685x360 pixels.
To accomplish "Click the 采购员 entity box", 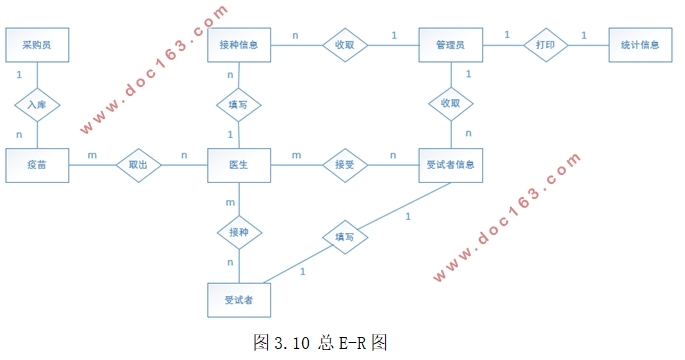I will (37, 45).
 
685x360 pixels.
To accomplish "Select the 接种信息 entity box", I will (239, 45).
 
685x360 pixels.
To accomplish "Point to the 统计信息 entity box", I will (640, 45).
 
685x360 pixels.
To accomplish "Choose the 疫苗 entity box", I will (37, 165).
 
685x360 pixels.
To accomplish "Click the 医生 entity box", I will (239, 165).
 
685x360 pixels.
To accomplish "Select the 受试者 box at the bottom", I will (239, 299).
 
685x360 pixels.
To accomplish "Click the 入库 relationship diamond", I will (37, 103).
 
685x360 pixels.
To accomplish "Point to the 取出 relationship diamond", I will (138, 165).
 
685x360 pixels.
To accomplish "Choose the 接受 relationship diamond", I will (345, 165).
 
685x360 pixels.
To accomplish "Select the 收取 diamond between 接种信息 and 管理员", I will (345, 45).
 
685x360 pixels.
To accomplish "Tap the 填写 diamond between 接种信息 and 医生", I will (239, 103).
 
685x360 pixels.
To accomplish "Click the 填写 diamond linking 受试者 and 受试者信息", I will (345, 238).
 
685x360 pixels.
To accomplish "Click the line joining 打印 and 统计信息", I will (592, 45).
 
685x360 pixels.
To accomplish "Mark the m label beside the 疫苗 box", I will (93, 155).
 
